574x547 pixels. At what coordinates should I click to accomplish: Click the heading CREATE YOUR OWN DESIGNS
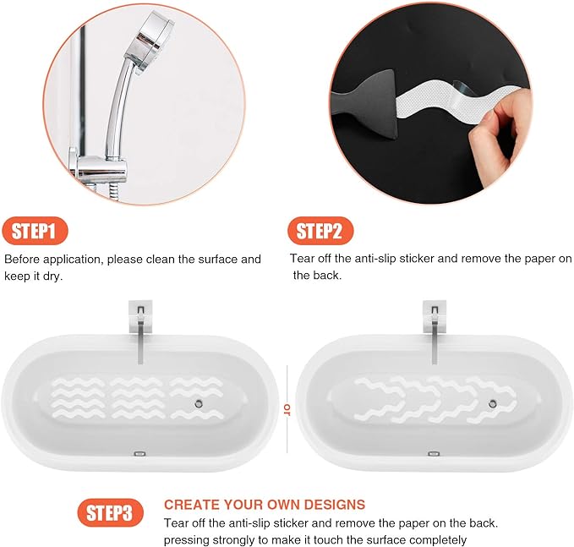[265, 504]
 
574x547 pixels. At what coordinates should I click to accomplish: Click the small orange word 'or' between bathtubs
[287, 409]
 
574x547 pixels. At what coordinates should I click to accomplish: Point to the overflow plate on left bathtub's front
[140, 454]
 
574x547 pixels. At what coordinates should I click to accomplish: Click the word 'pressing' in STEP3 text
[187, 539]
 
